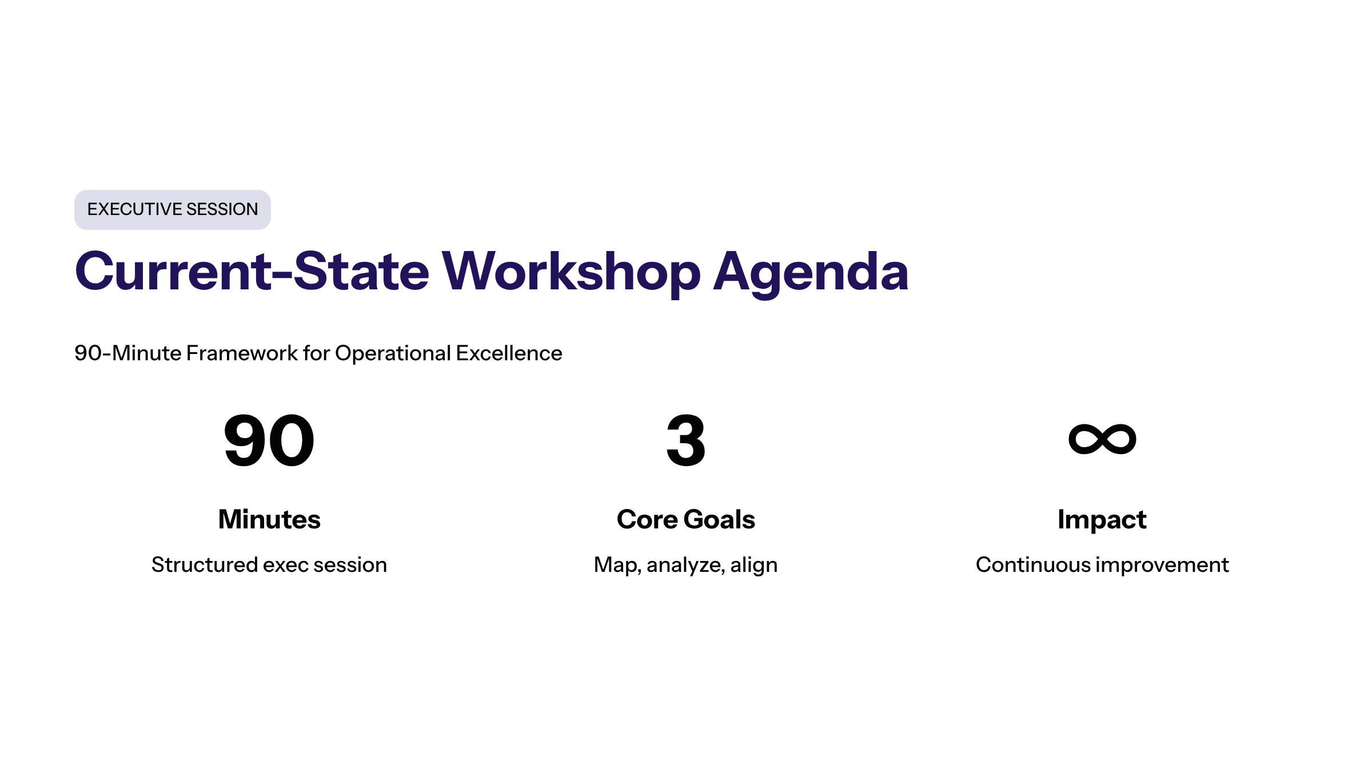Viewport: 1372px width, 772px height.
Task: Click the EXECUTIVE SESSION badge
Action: (172, 209)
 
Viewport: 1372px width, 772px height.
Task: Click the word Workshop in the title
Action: (571, 272)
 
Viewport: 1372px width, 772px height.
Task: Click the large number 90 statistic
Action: (269, 440)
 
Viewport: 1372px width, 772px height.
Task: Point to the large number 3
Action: (686, 440)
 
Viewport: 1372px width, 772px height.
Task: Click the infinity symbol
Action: (1102, 439)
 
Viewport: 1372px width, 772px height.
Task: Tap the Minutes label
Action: (269, 519)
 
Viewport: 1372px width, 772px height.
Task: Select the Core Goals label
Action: (686, 519)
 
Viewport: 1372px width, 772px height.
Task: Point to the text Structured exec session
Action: (269, 565)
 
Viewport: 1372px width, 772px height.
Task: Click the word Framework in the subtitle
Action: (242, 353)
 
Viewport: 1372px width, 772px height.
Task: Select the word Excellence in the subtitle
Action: (509, 353)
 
